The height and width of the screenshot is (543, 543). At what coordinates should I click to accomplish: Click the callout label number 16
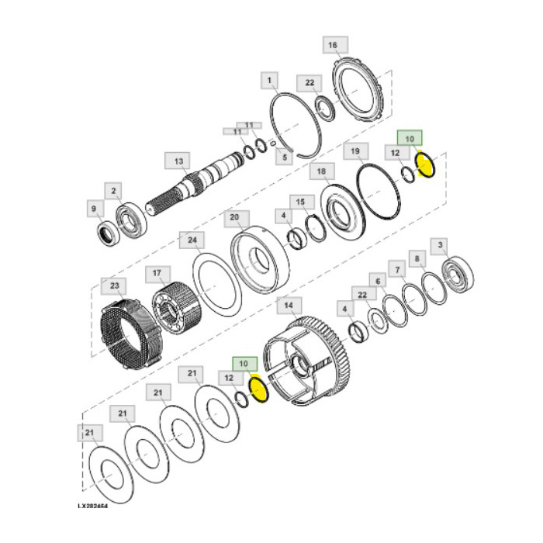click(x=333, y=46)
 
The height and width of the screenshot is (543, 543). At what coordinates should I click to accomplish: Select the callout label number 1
click(x=270, y=80)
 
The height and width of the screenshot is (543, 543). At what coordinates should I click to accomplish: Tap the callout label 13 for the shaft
click(x=178, y=161)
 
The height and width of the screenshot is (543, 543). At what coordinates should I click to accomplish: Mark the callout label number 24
click(x=188, y=240)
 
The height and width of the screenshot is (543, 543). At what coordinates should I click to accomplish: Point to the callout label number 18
click(x=322, y=171)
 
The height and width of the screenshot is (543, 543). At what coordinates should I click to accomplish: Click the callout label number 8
click(x=417, y=258)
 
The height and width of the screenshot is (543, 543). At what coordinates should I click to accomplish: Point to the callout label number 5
click(x=285, y=158)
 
